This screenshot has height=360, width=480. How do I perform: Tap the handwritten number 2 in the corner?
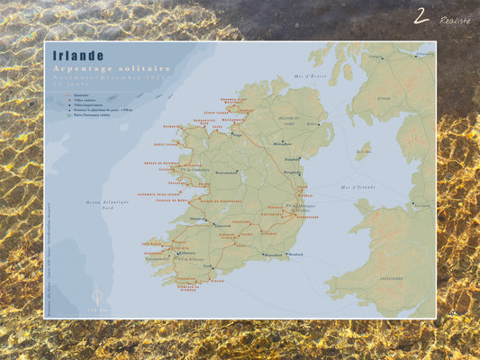click(421, 16)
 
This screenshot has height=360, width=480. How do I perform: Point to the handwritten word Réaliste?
click(455, 19)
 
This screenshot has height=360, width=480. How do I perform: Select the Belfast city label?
click(313, 124)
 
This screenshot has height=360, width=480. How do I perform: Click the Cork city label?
click(210, 266)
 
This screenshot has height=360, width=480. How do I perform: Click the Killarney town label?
click(186, 254)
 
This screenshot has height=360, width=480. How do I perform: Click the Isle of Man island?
click(363, 148)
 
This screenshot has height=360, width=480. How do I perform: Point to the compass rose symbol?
click(96, 296)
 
